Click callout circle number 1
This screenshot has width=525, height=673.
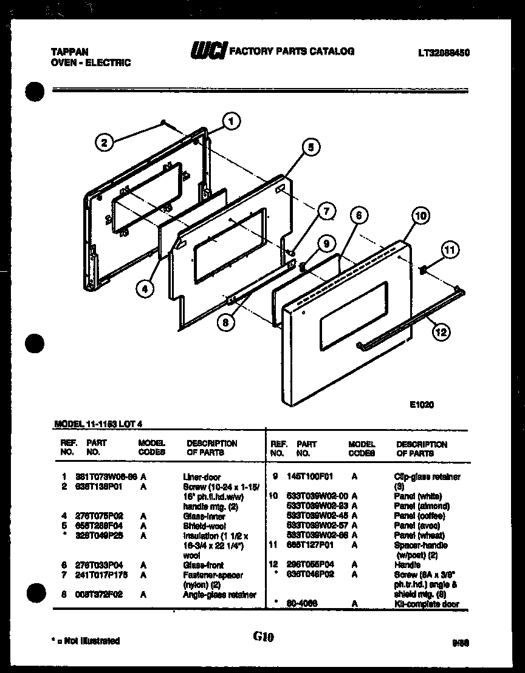point(230,121)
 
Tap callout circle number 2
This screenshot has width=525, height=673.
point(104,143)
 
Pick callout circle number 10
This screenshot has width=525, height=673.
point(420,215)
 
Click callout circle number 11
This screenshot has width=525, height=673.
point(450,249)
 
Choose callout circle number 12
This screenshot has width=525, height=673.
point(442,331)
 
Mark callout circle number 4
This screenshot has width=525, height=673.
point(144,289)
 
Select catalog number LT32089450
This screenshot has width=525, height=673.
point(444,53)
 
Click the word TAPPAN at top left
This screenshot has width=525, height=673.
point(67,53)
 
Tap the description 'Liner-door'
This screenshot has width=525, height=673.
point(202,477)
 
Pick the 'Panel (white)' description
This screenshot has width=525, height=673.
point(417,496)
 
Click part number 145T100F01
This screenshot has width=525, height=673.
point(309,477)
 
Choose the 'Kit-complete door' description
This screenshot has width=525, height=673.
point(427,604)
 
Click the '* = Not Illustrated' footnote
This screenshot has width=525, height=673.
point(86,641)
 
